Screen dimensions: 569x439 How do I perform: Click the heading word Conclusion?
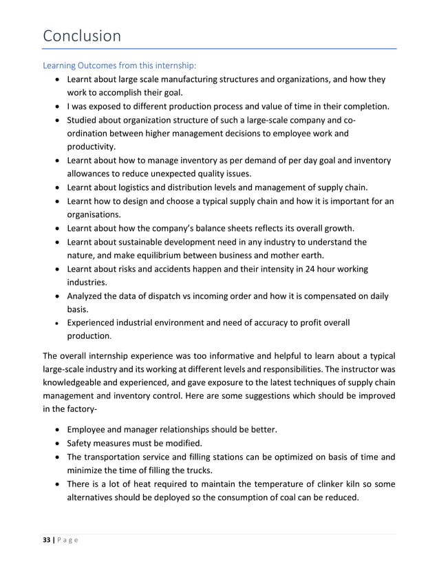point(81,35)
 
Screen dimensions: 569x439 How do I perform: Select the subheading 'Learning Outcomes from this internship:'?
point(120,65)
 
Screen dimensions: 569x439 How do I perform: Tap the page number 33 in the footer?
point(47,542)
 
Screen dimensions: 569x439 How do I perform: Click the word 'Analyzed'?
point(88,296)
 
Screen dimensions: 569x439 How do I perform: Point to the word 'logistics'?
point(142,187)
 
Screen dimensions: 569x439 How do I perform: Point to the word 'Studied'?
point(84,120)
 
